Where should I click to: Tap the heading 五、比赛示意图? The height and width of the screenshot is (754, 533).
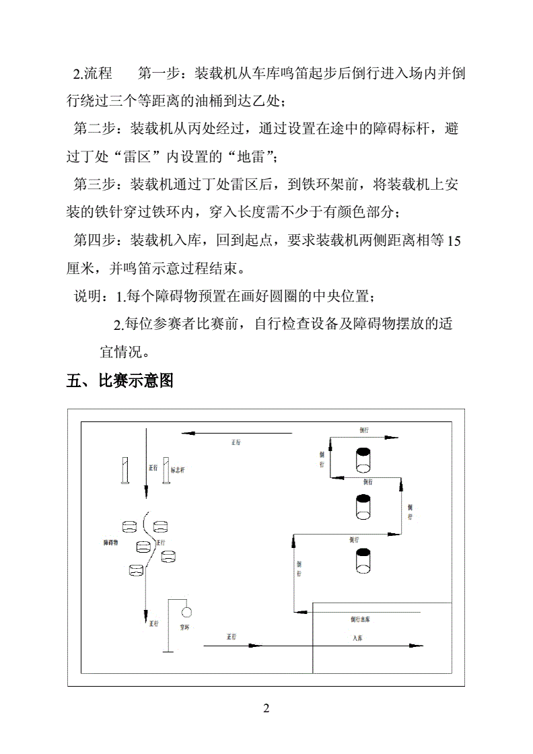[120, 381]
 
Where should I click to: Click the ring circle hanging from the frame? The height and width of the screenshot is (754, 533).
[186, 612]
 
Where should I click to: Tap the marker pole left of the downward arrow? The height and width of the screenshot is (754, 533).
[124, 471]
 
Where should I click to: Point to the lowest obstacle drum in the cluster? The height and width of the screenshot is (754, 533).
[137, 570]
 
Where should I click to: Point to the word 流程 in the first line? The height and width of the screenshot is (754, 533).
[97, 73]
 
